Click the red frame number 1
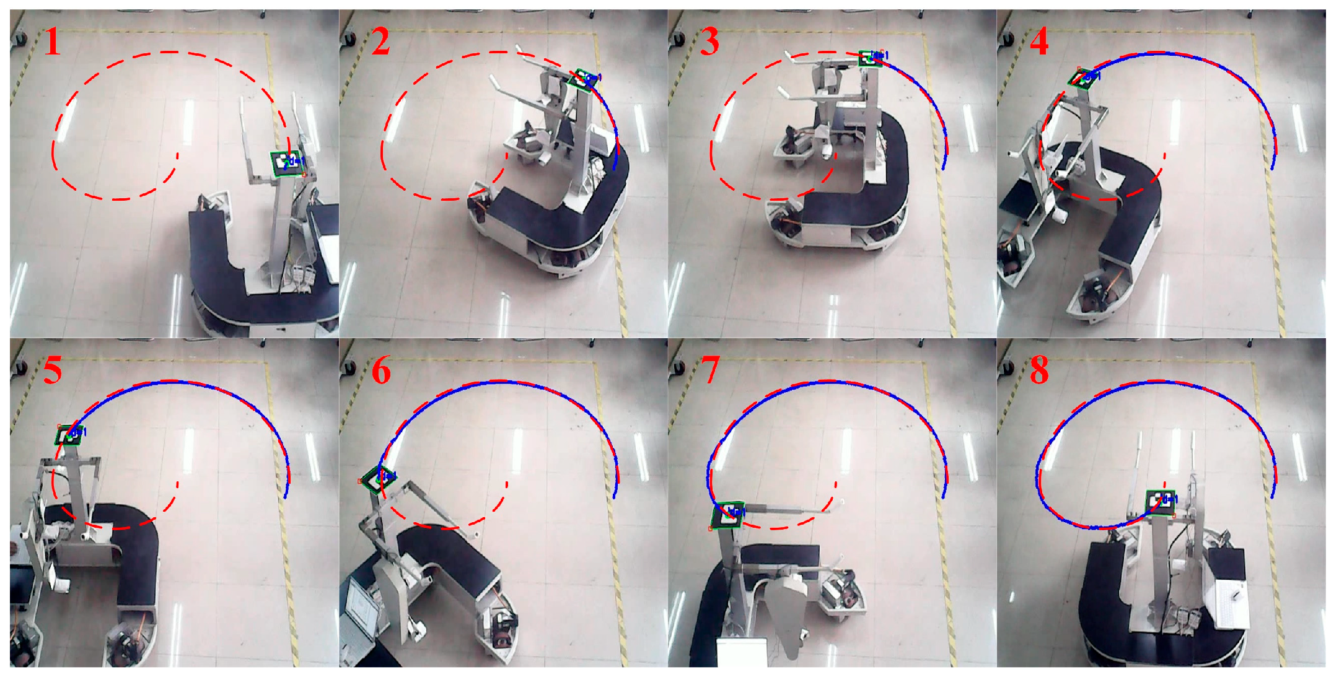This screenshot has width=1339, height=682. tap(53, 43)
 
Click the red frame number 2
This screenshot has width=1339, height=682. tap(380, 42)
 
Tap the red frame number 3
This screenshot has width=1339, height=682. tap(709, 42)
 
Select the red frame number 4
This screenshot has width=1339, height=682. tap(1039, 42)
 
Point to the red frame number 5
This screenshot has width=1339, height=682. tap(53, 370)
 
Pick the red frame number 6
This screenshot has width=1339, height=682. tap(381, 371)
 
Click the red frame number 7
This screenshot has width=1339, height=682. tap(710, 371)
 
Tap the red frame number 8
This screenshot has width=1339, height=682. tap(1039, 370)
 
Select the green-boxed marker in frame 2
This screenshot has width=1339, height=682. tap(582, 79)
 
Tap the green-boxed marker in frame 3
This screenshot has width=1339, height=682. tap(871, 58)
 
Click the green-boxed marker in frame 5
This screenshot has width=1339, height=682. tap(69, 435)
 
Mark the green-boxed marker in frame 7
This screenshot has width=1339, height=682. tap(728, 515)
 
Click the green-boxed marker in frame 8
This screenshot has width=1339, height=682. tap(1161, 502)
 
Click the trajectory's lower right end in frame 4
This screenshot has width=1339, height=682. tap(1272, 167)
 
